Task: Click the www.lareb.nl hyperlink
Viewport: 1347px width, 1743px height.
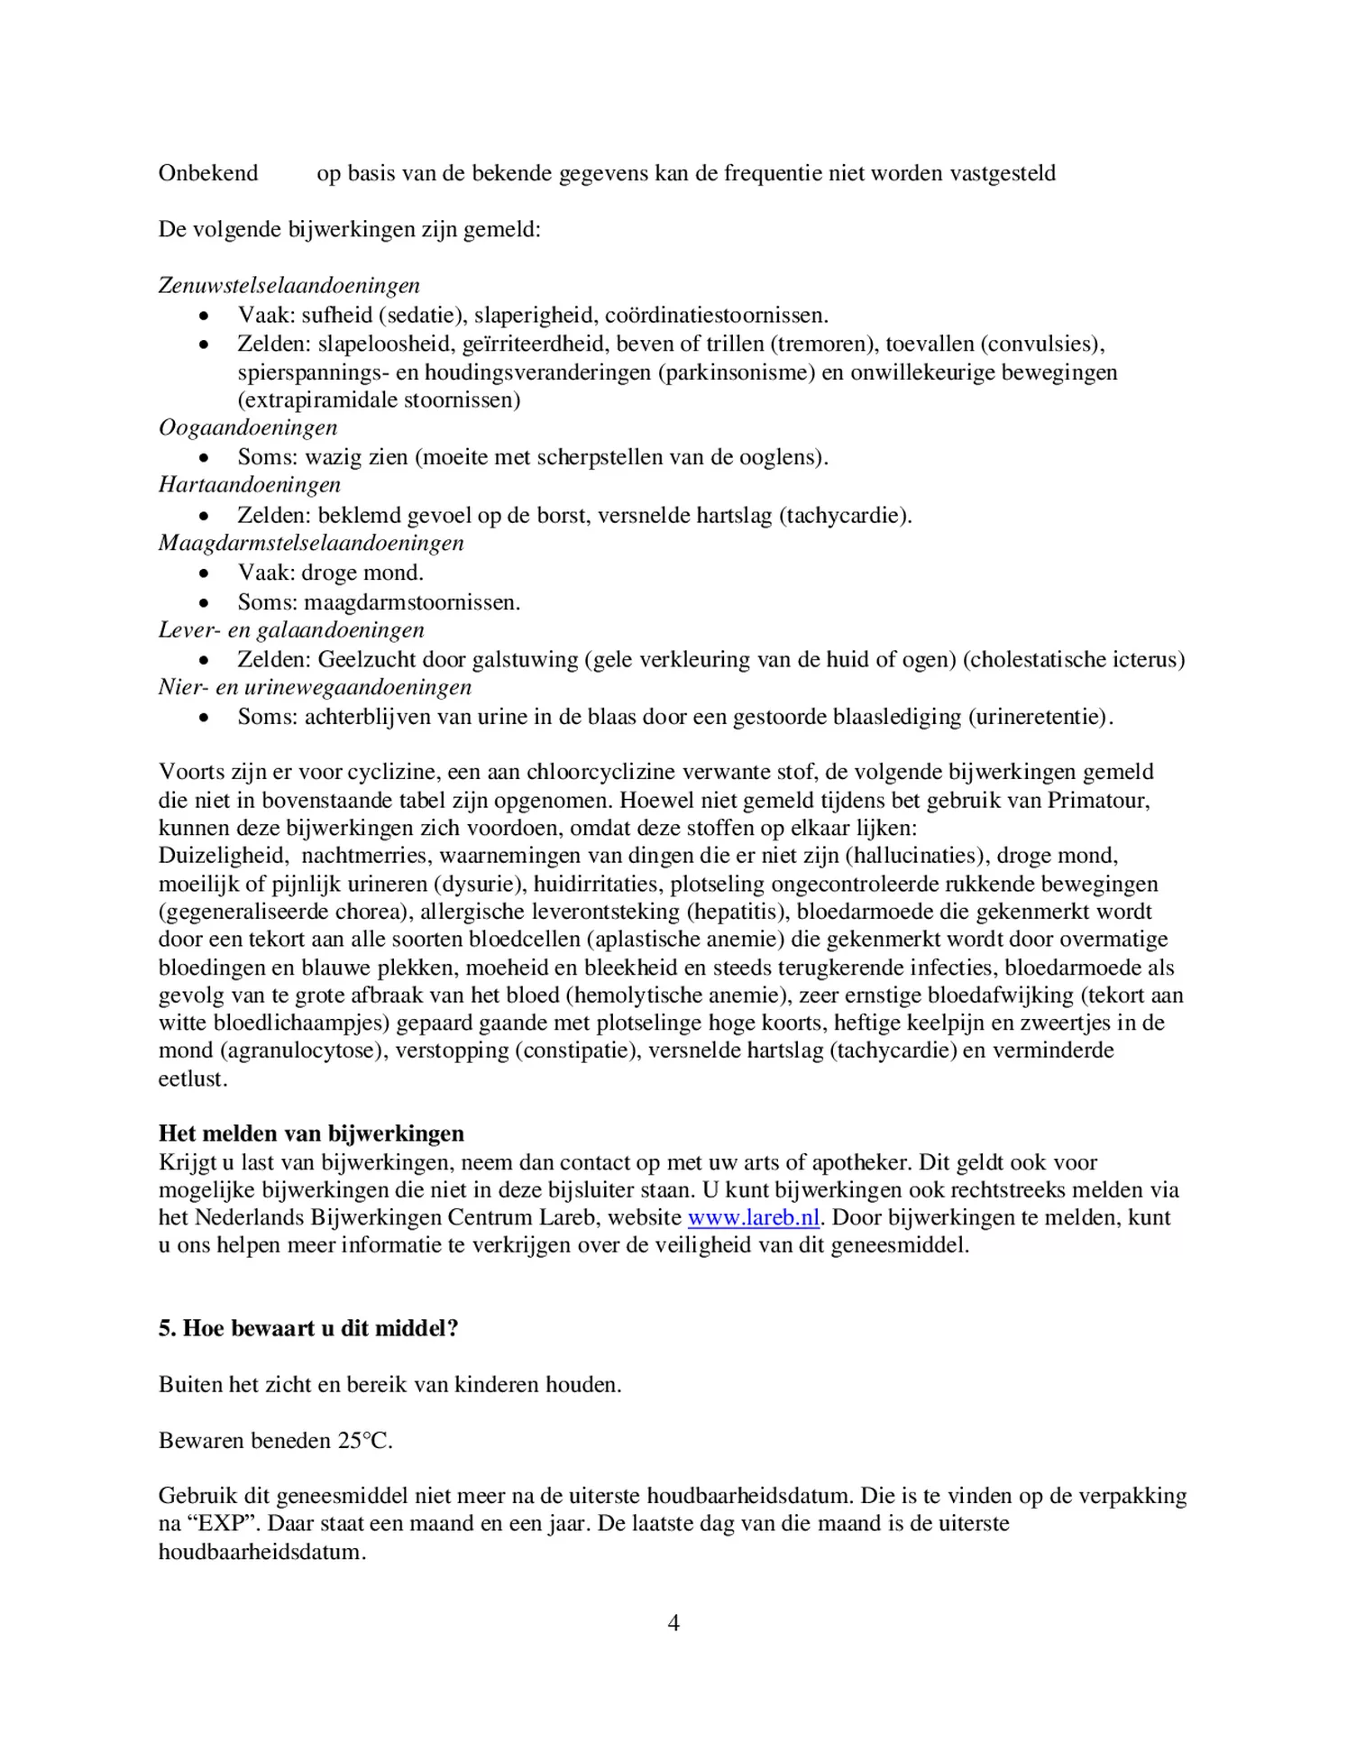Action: tap(753, 1217)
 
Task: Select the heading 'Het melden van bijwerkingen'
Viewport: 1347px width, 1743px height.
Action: tap(311, 1133)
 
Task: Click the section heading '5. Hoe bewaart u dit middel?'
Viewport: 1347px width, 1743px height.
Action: tap(308, 1328)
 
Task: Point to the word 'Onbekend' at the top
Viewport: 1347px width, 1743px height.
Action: tap(208, 173)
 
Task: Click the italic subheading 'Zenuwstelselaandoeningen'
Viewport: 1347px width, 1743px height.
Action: tap(289, 286)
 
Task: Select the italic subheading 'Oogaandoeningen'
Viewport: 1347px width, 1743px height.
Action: tap(248, 427)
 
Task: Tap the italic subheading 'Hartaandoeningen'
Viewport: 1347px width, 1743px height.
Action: tap(250, 485)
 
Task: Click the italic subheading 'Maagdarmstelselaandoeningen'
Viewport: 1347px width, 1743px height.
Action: tap(311, 543)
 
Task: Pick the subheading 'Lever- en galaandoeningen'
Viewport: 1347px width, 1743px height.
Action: tap(291, 629)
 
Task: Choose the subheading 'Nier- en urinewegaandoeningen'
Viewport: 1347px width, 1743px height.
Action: tap(315, 687)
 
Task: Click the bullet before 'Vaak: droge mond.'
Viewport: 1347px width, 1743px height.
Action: tap(206, 573)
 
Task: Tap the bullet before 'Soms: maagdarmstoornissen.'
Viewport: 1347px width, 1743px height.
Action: tap(206, 602)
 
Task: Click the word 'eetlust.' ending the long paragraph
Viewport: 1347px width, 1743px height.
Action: tap(193, 1078)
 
